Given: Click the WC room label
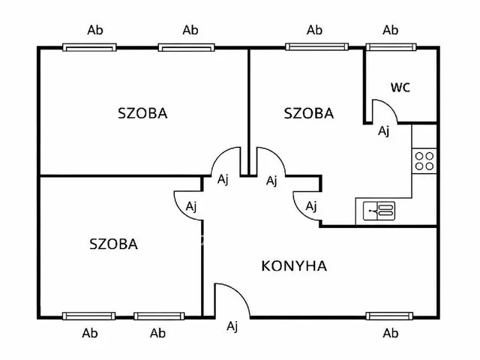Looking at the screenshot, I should pos(400,87).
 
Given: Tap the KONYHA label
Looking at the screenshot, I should pos(294,265).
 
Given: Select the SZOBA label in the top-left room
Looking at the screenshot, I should pos(142,114).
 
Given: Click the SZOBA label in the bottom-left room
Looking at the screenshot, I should pos(113,244).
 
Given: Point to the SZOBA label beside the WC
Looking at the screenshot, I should pos(308,114).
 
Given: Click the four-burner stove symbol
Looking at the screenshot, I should pos(424,159).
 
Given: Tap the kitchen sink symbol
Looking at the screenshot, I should pos(379,211).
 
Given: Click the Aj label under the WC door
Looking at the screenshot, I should pos(383,131).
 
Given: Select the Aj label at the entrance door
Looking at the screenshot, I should pos(232,325).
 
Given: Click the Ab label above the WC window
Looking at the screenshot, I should pos(390,31).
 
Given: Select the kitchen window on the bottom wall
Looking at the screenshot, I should pos(390,316).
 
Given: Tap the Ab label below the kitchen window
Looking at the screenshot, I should pos(390,333).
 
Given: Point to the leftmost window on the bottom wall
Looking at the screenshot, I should pos(89,316).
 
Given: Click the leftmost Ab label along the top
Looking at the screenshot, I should pos(95,31).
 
